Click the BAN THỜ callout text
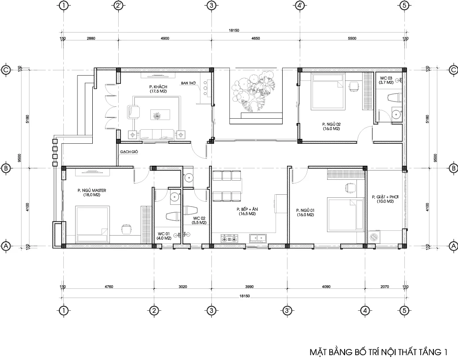(x=188, y=83)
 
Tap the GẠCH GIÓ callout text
(x=129, y=152)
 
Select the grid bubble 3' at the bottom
(x=287, y=311)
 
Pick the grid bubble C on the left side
(x=6, y=70)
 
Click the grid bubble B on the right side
(x=453, y=168)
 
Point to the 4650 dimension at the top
(x=255, y=38)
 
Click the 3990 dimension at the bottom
(x=250, y=287)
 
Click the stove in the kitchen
(x=229, y=238)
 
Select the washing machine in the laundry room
(x=374, y=236)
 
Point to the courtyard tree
(x=253, y=92)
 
